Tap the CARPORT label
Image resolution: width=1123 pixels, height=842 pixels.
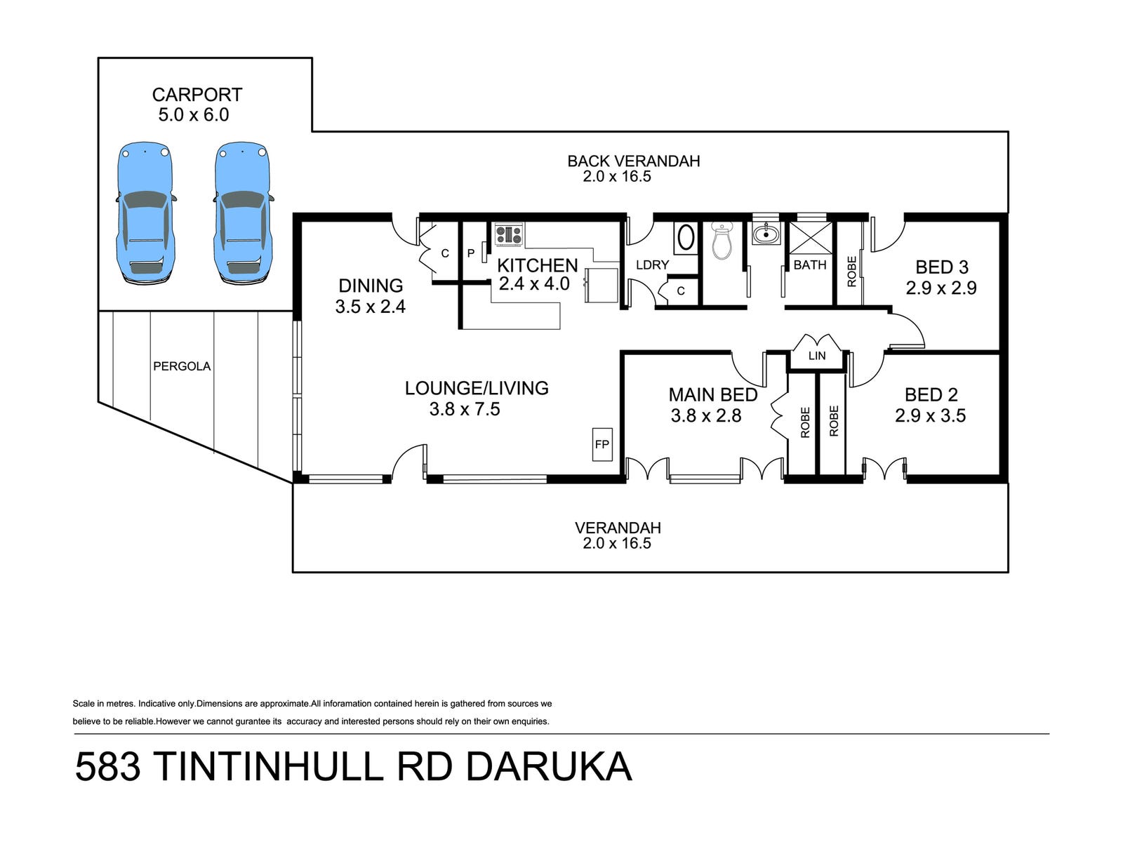pyautogui.click(x=197, y=95)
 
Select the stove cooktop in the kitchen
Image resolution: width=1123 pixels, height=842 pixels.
pyautogui.click(x=509, y=234)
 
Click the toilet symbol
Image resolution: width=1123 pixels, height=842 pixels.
pyautogui.click(x=722, y=239)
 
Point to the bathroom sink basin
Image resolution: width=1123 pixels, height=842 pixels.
pyautogui.click(x=765, y=234)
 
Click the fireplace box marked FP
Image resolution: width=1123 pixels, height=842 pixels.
pyautogui.click(x=602, y=444)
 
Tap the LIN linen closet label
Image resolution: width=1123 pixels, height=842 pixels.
pyautogui.click(x=817, y=356)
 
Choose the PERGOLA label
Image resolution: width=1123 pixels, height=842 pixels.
pyautogui.click(x=182, y=366)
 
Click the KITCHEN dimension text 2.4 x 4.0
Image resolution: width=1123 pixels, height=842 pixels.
pyautogui.click(x=534, y=284)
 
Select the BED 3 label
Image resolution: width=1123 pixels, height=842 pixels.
pyautogui.click(x=942, y=267)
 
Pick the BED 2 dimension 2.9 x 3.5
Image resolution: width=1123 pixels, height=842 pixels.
pyautogui.click(x=931, y=416)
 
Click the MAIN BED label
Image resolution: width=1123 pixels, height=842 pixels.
pyautogui.click(x=713, y=395)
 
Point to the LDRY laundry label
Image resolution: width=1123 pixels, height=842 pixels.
pyautogui.click(x=652, y=265)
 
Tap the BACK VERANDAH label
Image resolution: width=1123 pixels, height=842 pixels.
pyautogui.click(x=634, y=161)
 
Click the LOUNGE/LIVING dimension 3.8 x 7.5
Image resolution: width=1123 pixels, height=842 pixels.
pyautogui.click(x=465, y=409)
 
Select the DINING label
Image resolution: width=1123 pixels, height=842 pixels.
pyautogui.click(x=371, y=286)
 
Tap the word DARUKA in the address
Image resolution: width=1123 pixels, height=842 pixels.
pyautogui.click(x=549, y=766)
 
